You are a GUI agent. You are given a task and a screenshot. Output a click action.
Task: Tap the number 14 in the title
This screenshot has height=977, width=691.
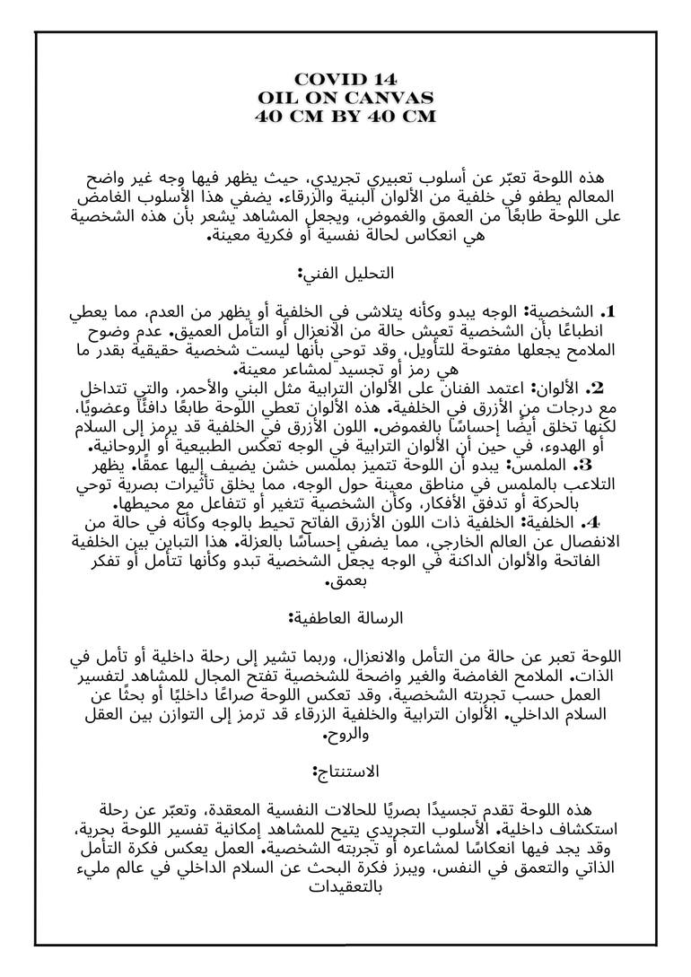[x=381, y=80]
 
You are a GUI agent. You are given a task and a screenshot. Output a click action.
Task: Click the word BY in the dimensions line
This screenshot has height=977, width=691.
[x=345, y=116]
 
